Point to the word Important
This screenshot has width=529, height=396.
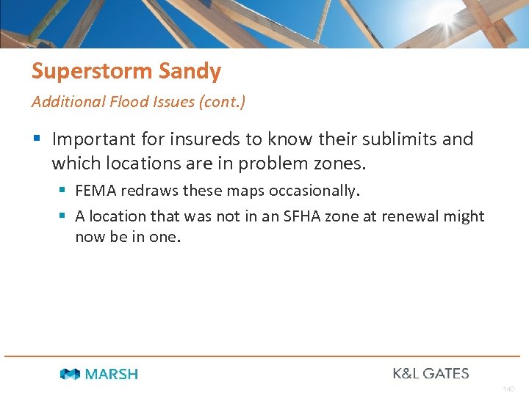(93, 139)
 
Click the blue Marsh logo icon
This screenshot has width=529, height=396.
(70, 374)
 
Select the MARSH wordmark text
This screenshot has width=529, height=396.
(111, 374)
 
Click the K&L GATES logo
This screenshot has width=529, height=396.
(431, 373)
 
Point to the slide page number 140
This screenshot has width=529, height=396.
(508, 389)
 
